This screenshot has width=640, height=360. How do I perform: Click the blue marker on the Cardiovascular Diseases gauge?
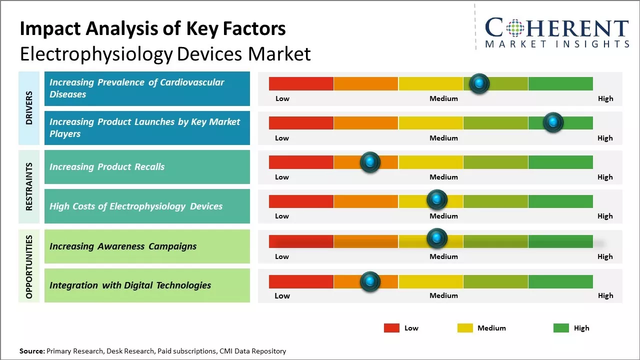[x=479, y=83]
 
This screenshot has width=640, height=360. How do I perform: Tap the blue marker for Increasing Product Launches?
[x=553, y=122]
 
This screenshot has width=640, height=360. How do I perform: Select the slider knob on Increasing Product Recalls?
[x=370, y=162]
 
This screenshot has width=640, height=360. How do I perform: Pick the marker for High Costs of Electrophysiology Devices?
[x=437, y=199]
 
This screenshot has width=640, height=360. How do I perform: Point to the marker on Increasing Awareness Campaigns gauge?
[x=437, y=238]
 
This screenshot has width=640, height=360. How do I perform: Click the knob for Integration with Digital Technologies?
[x=370, y=281]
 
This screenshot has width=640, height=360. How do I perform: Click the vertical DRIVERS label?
[x=29, y=107]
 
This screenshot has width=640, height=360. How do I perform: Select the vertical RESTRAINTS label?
[x=29, y=186]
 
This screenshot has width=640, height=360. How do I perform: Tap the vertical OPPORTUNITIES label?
[x=29, y=266]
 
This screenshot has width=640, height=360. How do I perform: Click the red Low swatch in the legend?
[x=391, y=328]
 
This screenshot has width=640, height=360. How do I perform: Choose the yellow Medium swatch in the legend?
[x=465, y=328]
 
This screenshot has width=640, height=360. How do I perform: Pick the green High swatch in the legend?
[x=561, y=328]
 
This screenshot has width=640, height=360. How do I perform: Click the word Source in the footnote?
[x=31, y=351]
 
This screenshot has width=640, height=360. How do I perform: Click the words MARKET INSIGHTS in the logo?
[x=557, y=44]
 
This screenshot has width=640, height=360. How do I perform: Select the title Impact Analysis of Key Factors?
[x=152, y=28]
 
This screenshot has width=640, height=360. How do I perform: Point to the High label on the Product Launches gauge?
[x=605, y=138]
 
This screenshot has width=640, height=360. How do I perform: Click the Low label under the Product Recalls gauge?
[x=282, y=177]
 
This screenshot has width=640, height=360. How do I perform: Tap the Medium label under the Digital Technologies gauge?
[x=443, y=295]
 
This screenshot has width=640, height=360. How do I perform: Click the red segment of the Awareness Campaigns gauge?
[x=301, y=241]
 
